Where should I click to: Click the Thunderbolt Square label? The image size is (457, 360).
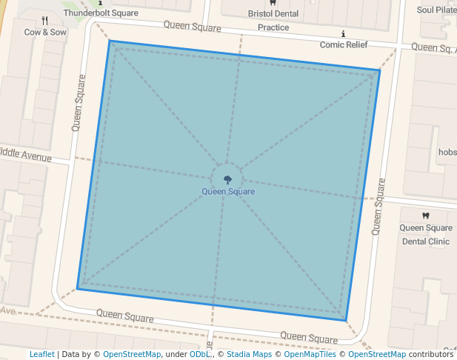(101, 13)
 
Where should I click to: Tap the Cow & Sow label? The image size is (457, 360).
(44, 33)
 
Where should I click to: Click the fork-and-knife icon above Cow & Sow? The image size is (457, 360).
(44, 21)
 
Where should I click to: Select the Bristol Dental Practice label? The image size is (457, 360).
(273, 21)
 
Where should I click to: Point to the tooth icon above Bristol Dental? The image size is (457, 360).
(273, 3)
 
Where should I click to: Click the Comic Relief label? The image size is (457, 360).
(344, 45)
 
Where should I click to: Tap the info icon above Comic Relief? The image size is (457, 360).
(343, 34)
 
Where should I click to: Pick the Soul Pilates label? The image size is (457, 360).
(436, 10)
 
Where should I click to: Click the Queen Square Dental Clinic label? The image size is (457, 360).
(426, 235)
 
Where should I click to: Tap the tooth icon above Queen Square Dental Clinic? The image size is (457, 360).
(425, 216)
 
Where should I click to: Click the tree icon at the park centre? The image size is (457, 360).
(227, 179)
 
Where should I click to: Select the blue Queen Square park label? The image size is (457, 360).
(228, 192)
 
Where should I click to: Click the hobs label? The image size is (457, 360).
(447, 153)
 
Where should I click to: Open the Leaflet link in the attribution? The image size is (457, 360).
(41, 355)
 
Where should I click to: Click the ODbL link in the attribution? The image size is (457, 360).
(200, 355)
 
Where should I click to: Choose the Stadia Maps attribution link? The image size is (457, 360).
(247, 355)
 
